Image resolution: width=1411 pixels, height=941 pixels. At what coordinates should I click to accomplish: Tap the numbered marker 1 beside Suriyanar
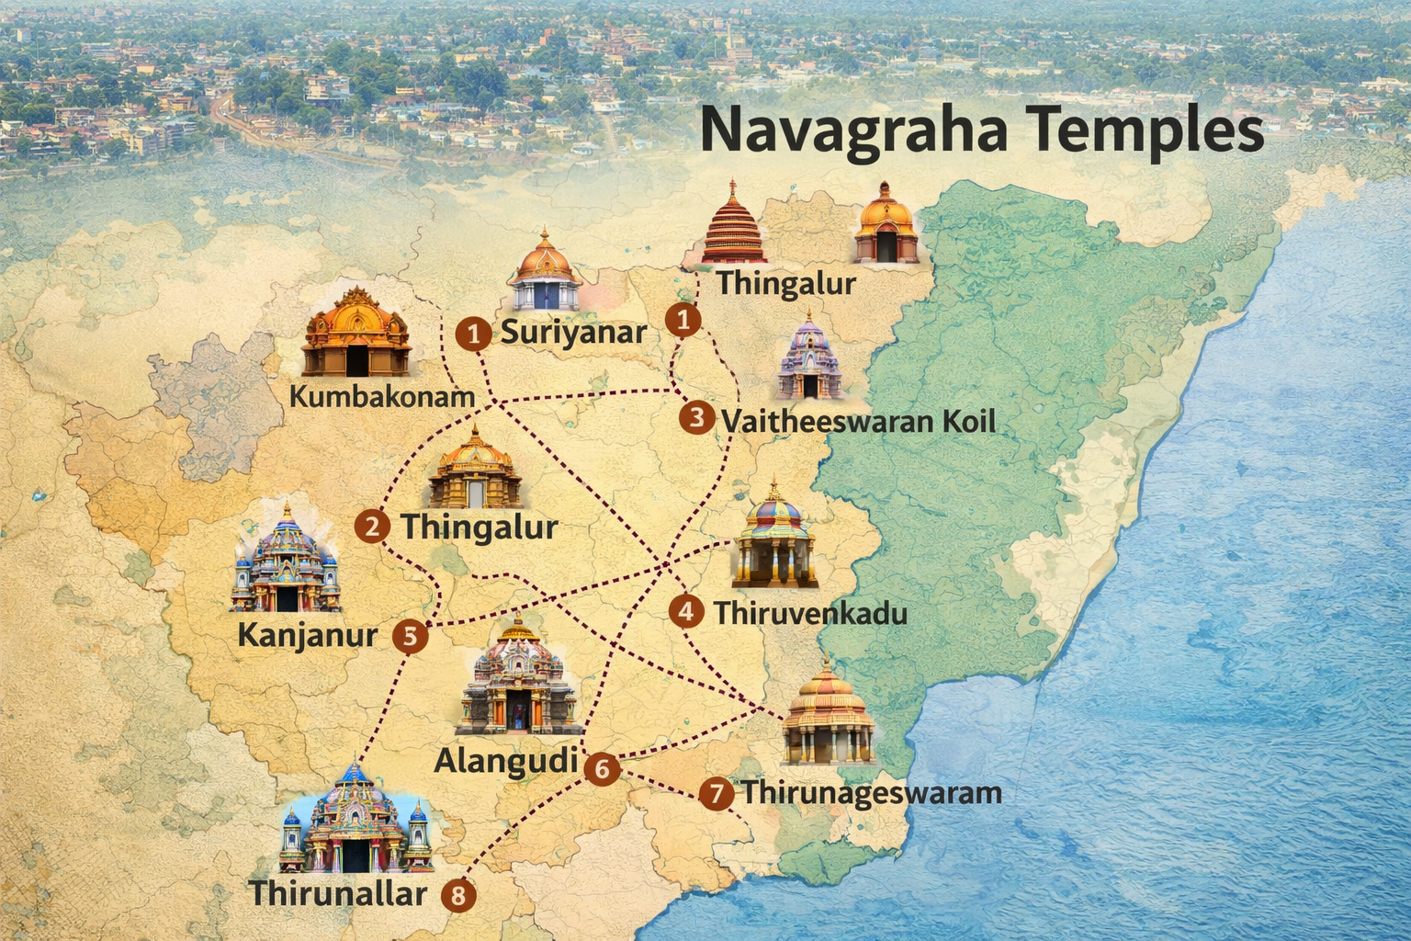pos(474,334)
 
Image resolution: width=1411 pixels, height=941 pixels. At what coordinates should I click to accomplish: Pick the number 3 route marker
pos(697,418)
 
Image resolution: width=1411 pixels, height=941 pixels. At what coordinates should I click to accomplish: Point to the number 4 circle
pos(686,611)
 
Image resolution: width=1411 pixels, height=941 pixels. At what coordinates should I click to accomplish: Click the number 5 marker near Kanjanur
pos(410,636)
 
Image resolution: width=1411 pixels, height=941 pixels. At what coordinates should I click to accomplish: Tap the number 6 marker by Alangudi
pos(602,767)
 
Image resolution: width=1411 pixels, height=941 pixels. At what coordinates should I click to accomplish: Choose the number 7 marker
pos(716,793)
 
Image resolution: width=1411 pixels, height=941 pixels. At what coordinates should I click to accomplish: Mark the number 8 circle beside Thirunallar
pos(458,894)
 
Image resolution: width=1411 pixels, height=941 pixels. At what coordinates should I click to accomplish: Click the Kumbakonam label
pos(382,397)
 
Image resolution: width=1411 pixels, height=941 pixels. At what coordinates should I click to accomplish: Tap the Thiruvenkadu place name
pos(810,613)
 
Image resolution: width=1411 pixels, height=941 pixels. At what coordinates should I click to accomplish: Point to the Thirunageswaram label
pos(871,792)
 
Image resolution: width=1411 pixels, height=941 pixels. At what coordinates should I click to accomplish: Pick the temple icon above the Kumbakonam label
pos(357,333)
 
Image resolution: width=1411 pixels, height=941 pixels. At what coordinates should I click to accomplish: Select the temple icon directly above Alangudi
pos(518,676)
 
